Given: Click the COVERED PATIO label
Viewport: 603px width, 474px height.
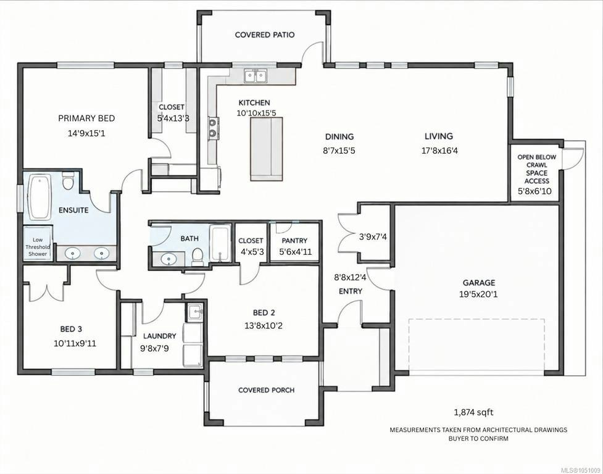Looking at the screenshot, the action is pyautogui.click(x=265, y=35).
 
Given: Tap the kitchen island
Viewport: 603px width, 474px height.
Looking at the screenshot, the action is pyautogui.click(x=267, y=149).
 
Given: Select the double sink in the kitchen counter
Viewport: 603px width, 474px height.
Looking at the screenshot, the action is pyautogui.click(x=256, y=75).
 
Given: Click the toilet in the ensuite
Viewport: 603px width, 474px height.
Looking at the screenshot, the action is pyautogui.click(x=68, y=181).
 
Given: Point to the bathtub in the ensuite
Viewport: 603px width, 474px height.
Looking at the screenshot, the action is pyautogui.click(x=40, y=197).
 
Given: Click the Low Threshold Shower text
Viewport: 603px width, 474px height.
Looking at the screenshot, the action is pyautogui.click(x=38, y=246).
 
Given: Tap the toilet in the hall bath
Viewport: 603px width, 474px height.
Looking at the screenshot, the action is pyautogui.click(x=198, y=256).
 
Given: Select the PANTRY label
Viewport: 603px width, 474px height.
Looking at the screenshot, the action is pyautogui.click(x=294, y=241).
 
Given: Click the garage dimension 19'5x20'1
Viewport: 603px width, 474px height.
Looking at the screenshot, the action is pyautogui.click(x=479, y=295).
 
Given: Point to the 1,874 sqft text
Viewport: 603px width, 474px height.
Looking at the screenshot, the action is pyautogui.click(x=474, y=412).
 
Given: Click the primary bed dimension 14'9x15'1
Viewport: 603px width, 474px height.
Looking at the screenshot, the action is pyautogui.click(x=86, y=133).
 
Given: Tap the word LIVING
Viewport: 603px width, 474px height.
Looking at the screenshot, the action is pyautogui.click(x=439, y=136).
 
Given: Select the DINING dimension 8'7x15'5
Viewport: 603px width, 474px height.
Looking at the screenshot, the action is pyautogui.click(x=339, y=151).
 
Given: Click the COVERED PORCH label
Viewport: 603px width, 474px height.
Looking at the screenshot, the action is pyautogui.click(x=267, y=390).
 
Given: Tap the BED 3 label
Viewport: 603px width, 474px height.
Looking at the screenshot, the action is pyautogui.click(x=71, y=329).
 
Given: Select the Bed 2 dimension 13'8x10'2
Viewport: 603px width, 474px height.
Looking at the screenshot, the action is pyautogui.click(x=264, y=326).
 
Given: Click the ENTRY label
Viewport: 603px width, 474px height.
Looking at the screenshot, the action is pyautogui.click(x=351, y=291).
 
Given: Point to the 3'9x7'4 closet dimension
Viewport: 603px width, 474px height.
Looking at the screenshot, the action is pyautogui.click(x=373, y=237).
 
